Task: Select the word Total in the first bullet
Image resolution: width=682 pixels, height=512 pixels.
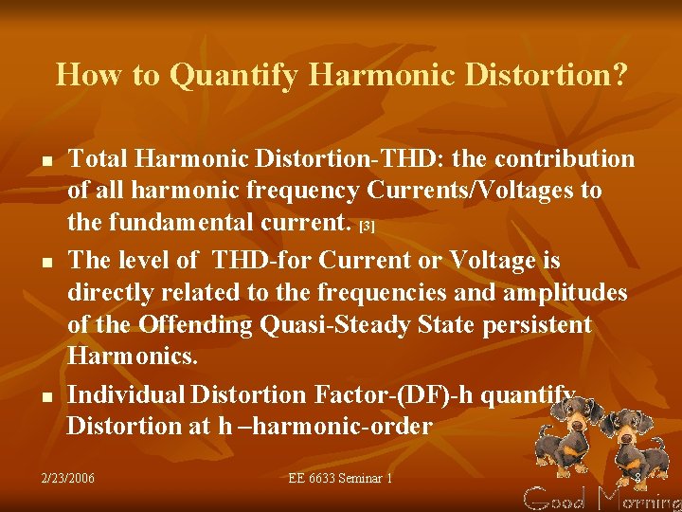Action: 99,158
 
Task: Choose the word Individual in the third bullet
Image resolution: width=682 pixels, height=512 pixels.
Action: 126,393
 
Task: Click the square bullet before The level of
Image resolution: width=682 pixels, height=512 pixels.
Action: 46,259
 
